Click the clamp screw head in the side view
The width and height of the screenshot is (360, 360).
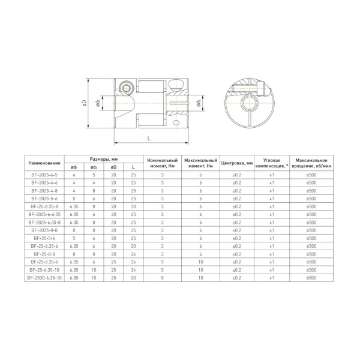127,88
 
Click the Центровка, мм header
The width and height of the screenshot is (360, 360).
237,163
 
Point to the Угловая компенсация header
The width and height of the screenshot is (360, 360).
271,163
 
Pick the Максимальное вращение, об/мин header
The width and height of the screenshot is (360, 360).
311,163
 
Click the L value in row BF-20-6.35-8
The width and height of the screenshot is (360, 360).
133,206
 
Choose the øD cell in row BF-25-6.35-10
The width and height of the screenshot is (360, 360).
113,270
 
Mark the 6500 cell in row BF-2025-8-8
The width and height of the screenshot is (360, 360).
311,230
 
